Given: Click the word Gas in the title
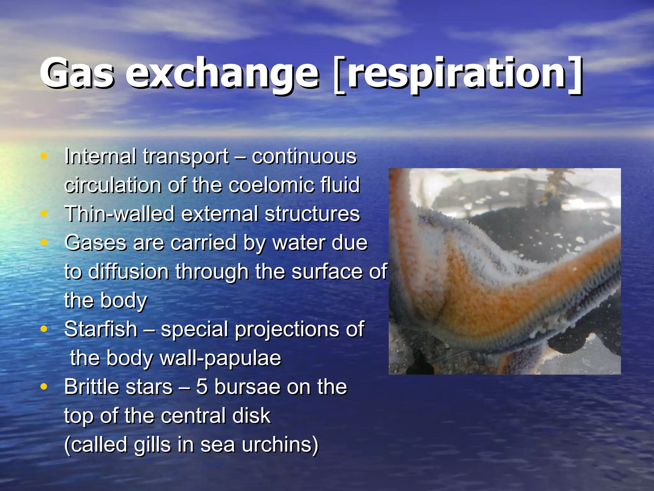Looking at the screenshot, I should [x=77, y=74].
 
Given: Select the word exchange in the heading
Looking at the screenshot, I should [x=222, y=74].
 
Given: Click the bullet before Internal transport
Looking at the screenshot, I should [x=44, y=156].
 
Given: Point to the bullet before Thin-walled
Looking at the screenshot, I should [x=44, y=214].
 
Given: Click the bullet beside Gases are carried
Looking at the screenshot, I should [x=44, y=242].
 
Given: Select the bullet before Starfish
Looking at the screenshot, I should [x=44, y=329].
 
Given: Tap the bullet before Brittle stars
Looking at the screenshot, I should [x=44, y=386].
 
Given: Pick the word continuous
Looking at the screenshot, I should [x=304, y=156].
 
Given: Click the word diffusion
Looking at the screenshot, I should [x=128, y=272].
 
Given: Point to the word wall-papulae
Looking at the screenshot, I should [x=220, y=358].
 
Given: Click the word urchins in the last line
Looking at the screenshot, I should [x=280, y=444].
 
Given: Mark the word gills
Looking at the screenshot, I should [x=152, y=444].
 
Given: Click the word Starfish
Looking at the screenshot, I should [x=101, y=329].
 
